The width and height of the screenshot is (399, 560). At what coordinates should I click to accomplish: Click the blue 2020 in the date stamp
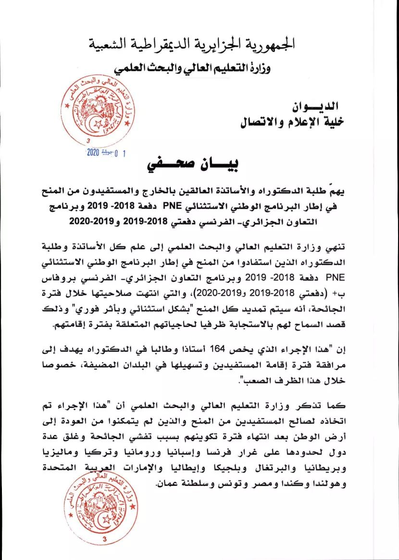click(92, 153)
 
